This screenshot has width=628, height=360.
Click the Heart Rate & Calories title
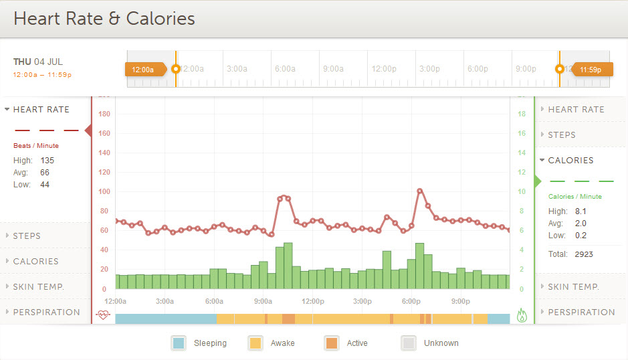coord(104,18)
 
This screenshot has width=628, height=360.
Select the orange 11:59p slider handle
coord(591,69)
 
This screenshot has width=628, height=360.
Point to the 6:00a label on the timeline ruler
coord(285,69)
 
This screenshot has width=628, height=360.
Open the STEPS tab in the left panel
coord(27,236)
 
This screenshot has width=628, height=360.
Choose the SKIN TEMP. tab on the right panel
coord(573,286)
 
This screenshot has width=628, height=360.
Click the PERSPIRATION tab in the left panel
coord(46,312)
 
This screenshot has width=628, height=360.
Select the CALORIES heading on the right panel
coord(570,160)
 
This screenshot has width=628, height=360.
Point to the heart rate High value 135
coord(47,161)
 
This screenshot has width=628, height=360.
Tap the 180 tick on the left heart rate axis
coord(104,114)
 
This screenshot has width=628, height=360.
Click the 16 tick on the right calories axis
coord(522,133)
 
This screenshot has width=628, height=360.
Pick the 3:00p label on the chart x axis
coord(362,301)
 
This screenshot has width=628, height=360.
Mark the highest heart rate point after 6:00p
coord(420,191)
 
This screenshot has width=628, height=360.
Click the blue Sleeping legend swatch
coord(179,343)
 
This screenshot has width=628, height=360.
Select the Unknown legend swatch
coord(409,343)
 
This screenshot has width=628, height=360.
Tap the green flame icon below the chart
coord(522,315)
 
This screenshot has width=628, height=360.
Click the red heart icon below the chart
coord(102,315)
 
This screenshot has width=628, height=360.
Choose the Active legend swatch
coord(332,343)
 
